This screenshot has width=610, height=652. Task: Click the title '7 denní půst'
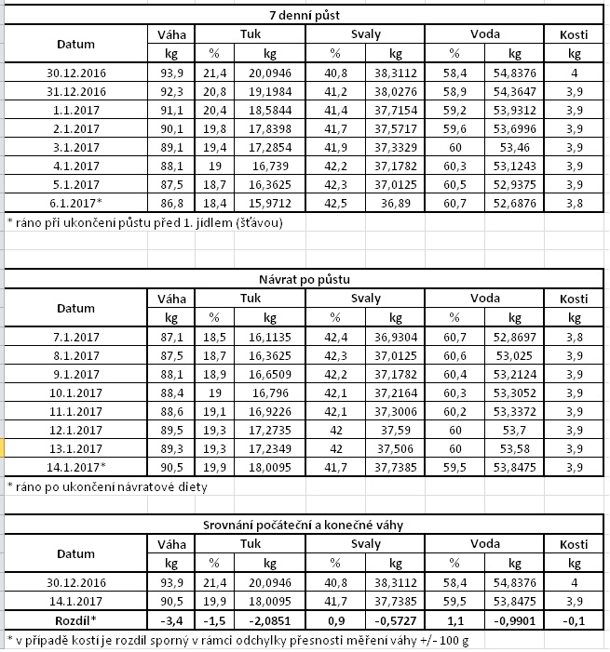click(305, 16)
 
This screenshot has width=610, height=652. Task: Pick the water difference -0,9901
click(515, 620)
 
